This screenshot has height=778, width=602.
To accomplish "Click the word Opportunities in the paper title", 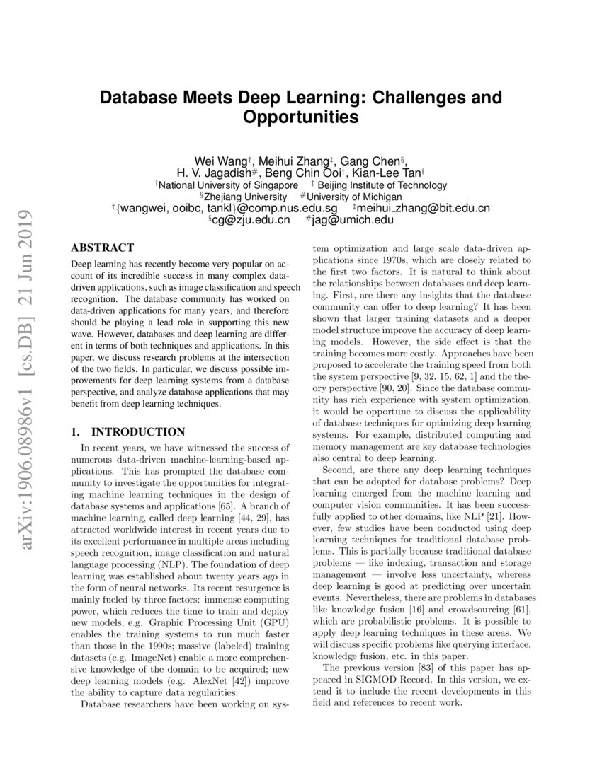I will click(x=301, y=117).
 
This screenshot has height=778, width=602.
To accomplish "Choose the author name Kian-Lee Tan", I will click(x=391, y=173).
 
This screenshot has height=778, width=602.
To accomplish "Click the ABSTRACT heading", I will click(x=103, y=248).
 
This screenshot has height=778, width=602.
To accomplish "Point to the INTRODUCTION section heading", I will click(x=139, y=432).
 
